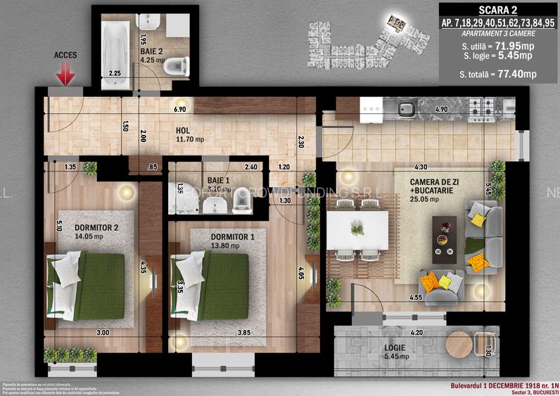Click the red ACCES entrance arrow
tap(65, 73)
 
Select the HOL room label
tap(184, 131)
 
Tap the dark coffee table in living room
tap(444, 238)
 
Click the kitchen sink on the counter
tap(407, 109)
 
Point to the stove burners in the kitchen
tap(481, 108)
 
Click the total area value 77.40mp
tap(518, 74)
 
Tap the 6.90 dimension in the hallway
tap(180, 110)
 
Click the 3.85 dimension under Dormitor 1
tap(225, 332)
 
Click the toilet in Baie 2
tap(179, 66)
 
